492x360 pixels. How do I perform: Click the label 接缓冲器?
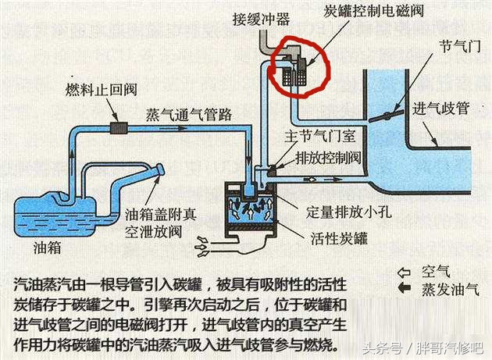[261, 20]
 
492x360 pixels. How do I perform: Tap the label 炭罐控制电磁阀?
[374, 10]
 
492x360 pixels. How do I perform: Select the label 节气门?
[460, 47]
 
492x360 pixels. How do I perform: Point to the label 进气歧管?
[440, 109]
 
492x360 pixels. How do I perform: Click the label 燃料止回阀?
[102, 90]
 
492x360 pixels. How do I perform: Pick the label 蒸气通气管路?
[189, 114]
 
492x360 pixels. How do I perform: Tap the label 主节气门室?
[320, 136]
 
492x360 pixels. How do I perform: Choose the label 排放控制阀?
[328, 158]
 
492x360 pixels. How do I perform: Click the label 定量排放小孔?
[349, 212]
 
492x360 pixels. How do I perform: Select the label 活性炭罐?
[339, 238]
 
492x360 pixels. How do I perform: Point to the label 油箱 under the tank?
[47, 248]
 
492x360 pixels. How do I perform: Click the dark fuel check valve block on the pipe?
[119, 128]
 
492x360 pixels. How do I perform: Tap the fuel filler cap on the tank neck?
[159, 169]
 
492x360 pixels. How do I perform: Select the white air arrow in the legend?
[405, 273]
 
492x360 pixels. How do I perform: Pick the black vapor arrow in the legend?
[405, 287]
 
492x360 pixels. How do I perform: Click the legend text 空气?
[436, 272]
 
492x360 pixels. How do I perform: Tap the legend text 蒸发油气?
[451, 289]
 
